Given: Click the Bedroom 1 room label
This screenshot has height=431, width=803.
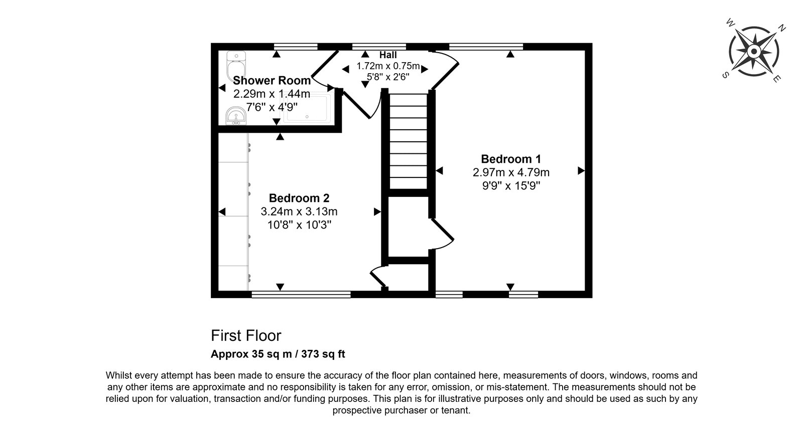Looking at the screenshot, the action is (511, 159).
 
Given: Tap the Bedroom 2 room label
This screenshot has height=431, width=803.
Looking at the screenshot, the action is (299, 198).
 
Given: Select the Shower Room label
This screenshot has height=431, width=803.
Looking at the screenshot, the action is (272, 80).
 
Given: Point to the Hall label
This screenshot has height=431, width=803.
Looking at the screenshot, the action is (388, 55).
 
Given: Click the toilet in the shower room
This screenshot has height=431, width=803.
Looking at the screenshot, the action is (236, 67).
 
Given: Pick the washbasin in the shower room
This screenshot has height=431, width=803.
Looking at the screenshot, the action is (236, 116).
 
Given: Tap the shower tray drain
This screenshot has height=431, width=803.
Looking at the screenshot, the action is (307, 117).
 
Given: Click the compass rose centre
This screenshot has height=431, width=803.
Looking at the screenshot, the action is (753, 51).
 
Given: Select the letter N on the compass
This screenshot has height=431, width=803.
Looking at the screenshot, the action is (781, 28).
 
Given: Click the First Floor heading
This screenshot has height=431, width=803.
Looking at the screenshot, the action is (246, 336).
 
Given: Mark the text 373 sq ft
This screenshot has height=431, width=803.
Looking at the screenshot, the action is (323, 354).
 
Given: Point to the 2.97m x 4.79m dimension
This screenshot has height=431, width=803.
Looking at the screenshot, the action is (511, 172).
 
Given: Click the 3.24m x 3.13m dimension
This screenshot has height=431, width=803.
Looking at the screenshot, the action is (299, 211).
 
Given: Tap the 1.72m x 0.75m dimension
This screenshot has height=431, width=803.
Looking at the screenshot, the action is (388, 66).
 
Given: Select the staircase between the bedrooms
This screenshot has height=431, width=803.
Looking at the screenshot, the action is (409, 141).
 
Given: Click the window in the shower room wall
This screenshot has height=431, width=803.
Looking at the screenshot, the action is (296, 47).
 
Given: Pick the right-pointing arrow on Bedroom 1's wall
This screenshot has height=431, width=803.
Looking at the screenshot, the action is (581, 171).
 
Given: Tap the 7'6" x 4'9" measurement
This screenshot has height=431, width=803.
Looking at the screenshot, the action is (272, 107).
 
